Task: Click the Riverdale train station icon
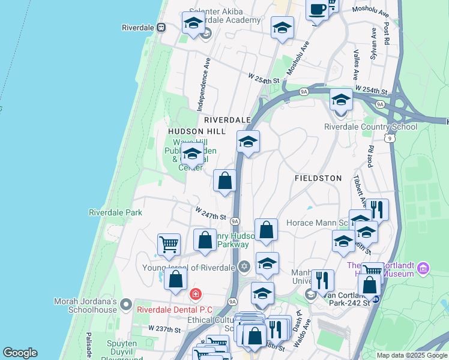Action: point(161,28)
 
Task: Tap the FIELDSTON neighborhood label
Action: point(318,178)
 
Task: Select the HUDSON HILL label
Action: point(197,131)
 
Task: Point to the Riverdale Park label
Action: point(115,212)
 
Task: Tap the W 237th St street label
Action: point(164,329)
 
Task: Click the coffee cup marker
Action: point(317,10)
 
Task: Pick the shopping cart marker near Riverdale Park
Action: point(169,244)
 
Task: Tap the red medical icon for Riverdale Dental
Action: point(194,294)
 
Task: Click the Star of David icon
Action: point(243,267)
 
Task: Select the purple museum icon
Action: point(424,267)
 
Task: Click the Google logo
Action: point(20,353)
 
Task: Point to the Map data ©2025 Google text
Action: point(412,355)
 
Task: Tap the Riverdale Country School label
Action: point(370,127)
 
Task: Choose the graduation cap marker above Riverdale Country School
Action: point(340,100)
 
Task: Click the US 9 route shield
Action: point(391,138)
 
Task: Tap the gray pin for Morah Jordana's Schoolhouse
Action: point(125,305)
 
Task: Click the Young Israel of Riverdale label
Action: point(189,268)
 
